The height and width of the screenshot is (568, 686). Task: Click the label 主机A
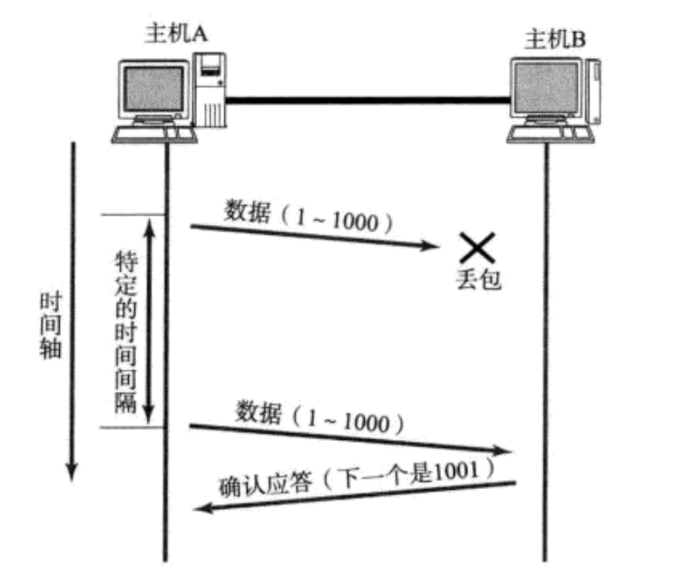[x=178, y=33]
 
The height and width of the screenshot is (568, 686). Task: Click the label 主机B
[x=556, y=39]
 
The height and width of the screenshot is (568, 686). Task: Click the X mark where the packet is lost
[x=476, y=247]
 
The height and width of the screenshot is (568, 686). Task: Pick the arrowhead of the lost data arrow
[x=435, y=245]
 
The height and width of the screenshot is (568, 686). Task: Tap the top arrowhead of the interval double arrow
[x=149, y=223]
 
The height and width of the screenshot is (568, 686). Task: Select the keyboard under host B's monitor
[x=551, y=133]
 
